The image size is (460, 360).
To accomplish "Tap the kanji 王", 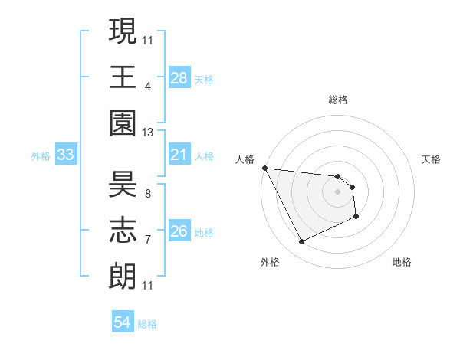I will click(123, 77).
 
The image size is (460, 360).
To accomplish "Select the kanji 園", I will click(123, 125).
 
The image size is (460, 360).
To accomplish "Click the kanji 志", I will click(123, 231).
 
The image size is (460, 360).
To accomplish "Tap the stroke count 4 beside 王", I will click(147, 85).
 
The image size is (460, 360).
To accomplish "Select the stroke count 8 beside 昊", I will click(147, 193).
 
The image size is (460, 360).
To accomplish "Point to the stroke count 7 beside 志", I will click(147, 240).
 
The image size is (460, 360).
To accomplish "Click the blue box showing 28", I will click(179, 77).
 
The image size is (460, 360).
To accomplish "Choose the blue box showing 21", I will click(179, 155).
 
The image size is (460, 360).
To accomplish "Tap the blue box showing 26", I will click(179, 231).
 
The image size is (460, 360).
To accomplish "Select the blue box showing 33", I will click(65, 155).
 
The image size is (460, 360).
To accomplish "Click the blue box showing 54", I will click(123, 322).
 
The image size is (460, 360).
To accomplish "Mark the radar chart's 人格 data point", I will click(264, 168).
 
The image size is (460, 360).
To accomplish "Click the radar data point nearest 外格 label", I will click(301, 242).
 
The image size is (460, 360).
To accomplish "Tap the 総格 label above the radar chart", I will click(337, 100).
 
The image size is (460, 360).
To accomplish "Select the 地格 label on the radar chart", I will click(402, 262).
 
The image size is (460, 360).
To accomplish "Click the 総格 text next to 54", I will click(147, 324).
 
